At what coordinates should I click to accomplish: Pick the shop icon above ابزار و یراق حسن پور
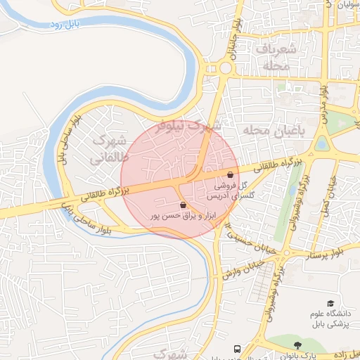pos(184,205)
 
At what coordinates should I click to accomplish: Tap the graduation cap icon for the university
pos(330,304)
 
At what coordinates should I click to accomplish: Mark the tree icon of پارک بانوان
pos(297,345)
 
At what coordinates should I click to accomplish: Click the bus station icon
pos(238,349)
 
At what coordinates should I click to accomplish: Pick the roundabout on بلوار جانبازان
pos(225,68)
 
